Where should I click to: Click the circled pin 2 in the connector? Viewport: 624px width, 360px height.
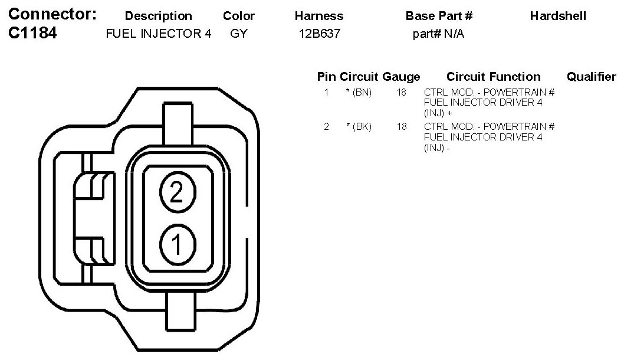tap(178, 192)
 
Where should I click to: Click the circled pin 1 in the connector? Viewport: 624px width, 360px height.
tap(178, 244)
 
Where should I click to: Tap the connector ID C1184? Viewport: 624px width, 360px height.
tap(32, 32)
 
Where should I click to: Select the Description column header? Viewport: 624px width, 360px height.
tap(159, 16)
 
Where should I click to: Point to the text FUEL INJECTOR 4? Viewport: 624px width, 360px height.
tap(159, 34)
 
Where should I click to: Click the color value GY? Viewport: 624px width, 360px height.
tap(239, 34)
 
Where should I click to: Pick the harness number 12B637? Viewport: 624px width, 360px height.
tap(320, 34)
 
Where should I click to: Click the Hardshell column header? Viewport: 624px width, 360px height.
tap(558, 16)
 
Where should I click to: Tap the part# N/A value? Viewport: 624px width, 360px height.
tap(438, 34)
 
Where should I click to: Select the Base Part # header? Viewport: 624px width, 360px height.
tap(439, 16)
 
